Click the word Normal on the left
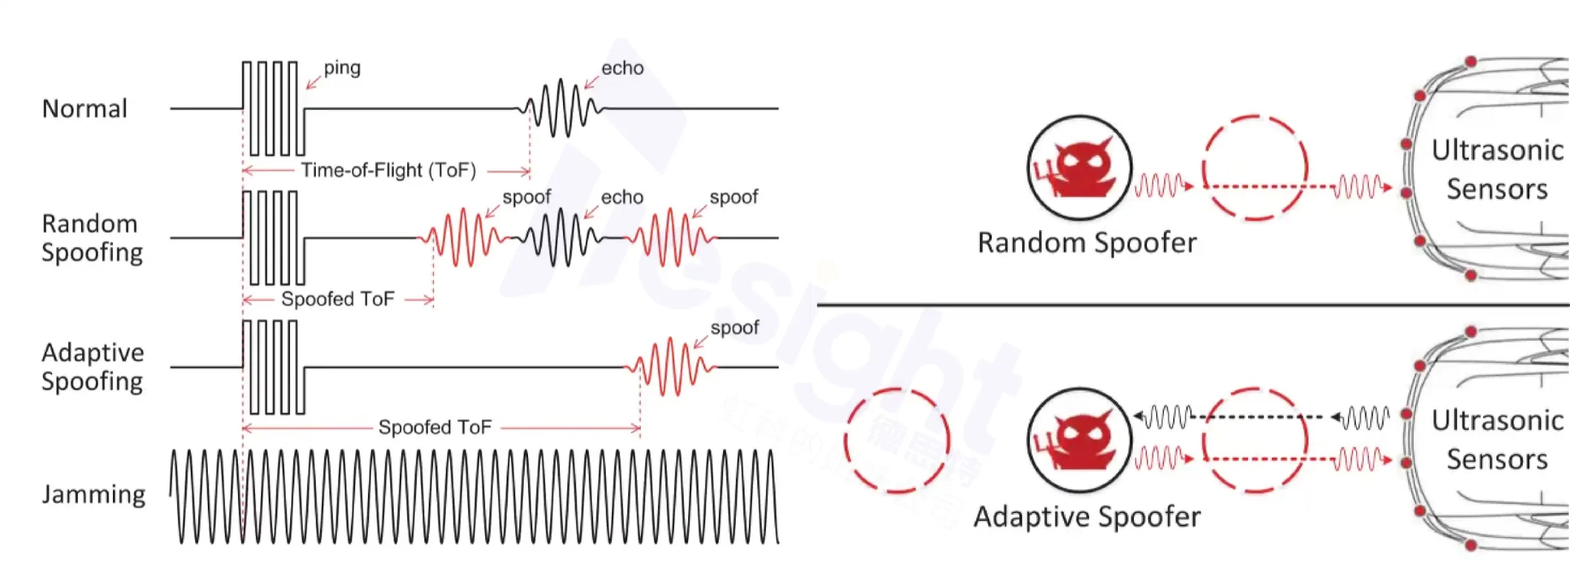tap(85, 109)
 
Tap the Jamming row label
tap(94, 494)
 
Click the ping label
tap(342, 67)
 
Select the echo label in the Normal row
tap(622, 68)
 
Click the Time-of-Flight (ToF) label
tap(388, 170)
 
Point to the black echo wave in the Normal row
tap(560, 109)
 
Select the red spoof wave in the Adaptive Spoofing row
tap(670, 367)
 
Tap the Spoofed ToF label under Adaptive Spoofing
tap(435, 427)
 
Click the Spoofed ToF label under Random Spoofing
tap(337, 299)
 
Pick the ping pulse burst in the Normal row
tap(273, 109)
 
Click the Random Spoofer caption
tap(1087, 243)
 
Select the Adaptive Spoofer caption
tap(1087, 517)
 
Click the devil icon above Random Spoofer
tap(1079, 168)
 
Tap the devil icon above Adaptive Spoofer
tap(1079, 439)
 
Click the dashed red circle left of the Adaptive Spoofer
tap(897, 440)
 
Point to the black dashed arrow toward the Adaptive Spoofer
tap(1263, 417)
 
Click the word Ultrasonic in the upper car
tap(1497, 150)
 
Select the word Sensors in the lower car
tap(1497, 460)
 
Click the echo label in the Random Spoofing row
tap(622, 197)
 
